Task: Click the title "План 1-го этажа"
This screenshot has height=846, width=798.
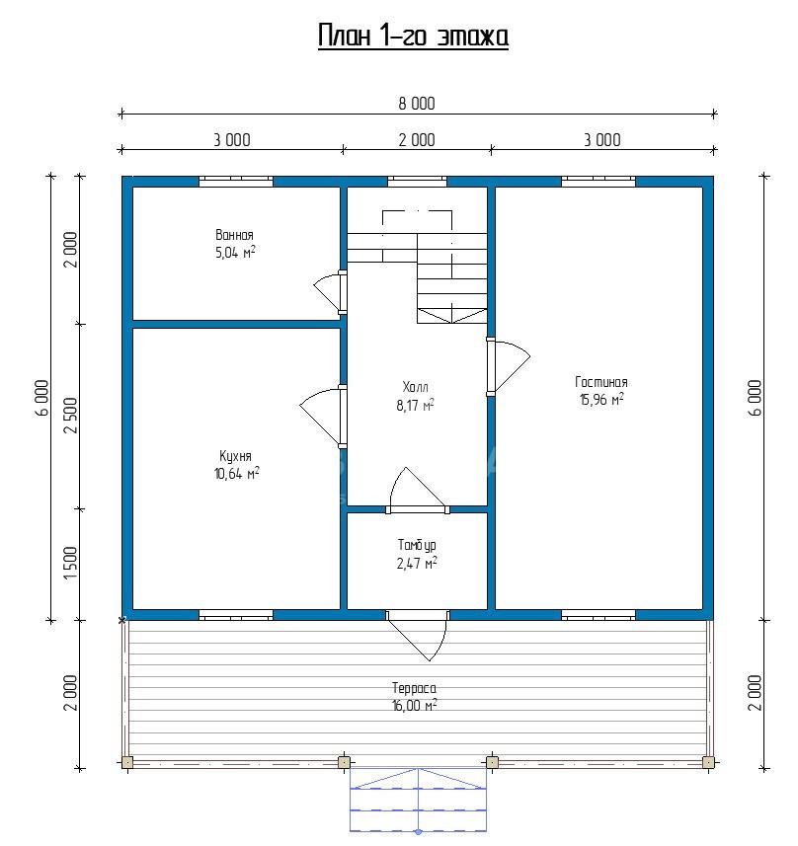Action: click(413, 37)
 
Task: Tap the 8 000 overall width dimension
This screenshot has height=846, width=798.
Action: click(416, 104)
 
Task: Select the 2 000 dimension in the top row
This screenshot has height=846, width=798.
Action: click(416, 140)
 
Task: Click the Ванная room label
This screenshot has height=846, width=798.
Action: click(234, 235)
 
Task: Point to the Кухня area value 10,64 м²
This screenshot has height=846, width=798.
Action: click(236, 474)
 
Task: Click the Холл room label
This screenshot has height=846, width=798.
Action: click(415, 387)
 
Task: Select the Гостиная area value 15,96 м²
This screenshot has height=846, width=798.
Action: click(601, 399)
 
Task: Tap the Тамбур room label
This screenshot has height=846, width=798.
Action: click(417, 545)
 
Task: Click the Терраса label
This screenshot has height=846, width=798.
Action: click(414, 688)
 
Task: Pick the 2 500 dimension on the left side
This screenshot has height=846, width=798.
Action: click(71, 416)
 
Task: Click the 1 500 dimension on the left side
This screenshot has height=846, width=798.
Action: click(71, 564)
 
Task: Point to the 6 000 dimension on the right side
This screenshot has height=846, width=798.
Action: click(756, 398)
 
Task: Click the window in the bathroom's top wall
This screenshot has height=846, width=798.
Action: click(236, 182)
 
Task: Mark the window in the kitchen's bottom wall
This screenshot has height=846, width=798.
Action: click(236, 615)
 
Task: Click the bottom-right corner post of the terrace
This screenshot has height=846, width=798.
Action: click(708, 762)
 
